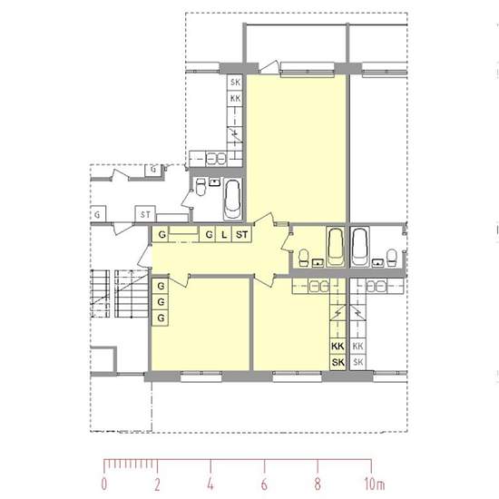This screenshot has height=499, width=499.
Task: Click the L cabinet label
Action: tap(224, 235)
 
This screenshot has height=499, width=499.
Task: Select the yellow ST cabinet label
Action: tap(242, 235)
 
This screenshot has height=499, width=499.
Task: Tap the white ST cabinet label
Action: tap(145, 214)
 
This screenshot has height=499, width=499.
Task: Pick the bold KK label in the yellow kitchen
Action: tap(338, 346)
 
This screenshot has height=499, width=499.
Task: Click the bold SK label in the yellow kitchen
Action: tap(338, 362)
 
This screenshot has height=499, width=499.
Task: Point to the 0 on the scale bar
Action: tap(104, 484)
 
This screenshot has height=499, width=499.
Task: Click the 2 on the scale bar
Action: tap(157, 484)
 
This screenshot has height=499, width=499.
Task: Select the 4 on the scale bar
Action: tap(210, 484)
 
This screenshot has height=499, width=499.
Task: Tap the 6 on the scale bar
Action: tap(264, 484)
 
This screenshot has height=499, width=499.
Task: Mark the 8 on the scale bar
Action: tap(318, 484)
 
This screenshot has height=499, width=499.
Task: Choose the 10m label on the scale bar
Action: tap(375, 484)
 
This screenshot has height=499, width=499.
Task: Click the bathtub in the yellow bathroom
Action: tap(336, 247)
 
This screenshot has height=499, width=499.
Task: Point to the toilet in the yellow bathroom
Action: tap(304, 258)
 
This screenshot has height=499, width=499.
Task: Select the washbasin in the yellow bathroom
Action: tap(318, 263)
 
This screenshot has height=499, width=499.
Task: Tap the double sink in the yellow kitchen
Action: tap(318, 287)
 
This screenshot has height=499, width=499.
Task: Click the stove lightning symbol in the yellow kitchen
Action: tap(338, 314)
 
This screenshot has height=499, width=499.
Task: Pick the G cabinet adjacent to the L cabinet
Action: tap(209, 235)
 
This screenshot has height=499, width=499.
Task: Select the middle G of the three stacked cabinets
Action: tap(161, 302)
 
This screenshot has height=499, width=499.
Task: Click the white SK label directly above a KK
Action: tap(235, 82)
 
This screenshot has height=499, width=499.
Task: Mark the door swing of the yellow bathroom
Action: tap(286, 241)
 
